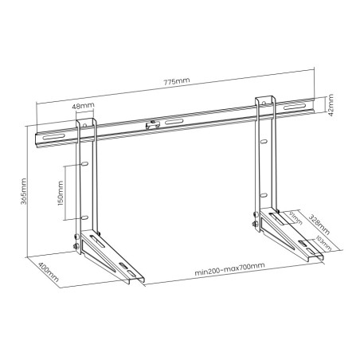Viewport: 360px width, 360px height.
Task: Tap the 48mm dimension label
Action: coord(81,107)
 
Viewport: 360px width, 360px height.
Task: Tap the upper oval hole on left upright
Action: coord(83,165)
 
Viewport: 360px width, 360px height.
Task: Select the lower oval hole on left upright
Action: coord(83,217)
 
